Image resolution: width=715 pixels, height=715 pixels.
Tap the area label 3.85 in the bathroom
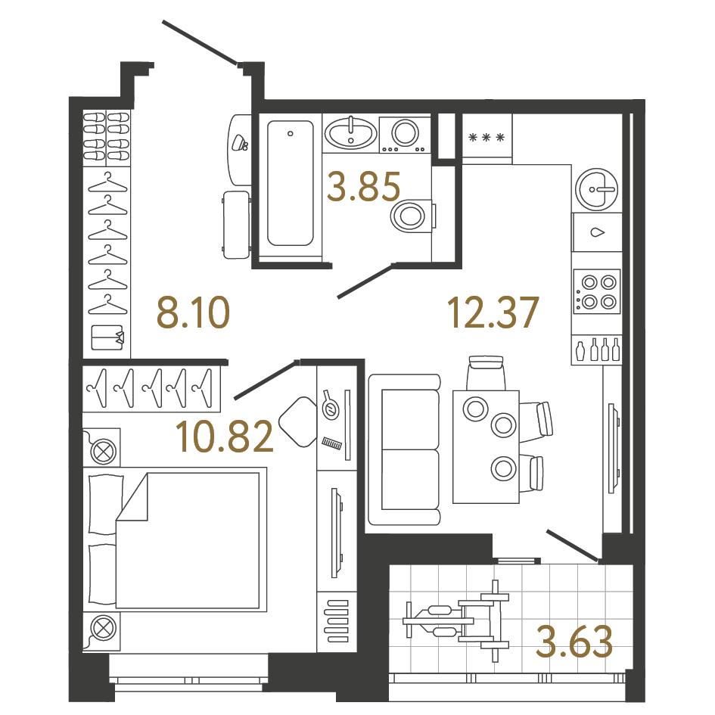click(x=363, y=187)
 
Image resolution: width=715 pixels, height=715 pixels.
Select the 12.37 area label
click(x=493, y=312)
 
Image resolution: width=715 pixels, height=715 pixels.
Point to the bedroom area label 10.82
click(x=224, y=437)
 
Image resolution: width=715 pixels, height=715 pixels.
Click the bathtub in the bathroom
click(x=290, y=183)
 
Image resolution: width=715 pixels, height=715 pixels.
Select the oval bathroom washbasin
click(x=350, y=135)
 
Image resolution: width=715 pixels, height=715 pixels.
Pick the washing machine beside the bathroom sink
click(x=403, y=135)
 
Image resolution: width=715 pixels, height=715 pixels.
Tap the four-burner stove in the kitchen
click(x=597, y=291)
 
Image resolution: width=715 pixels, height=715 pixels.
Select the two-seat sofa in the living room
click(x=404, y=449)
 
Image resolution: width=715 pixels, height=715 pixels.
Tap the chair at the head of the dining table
click(x=486, y=372)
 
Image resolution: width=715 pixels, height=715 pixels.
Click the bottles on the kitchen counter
click(x=597, y=350)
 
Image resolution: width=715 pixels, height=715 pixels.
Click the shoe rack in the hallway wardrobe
click(x=106, y=137)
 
